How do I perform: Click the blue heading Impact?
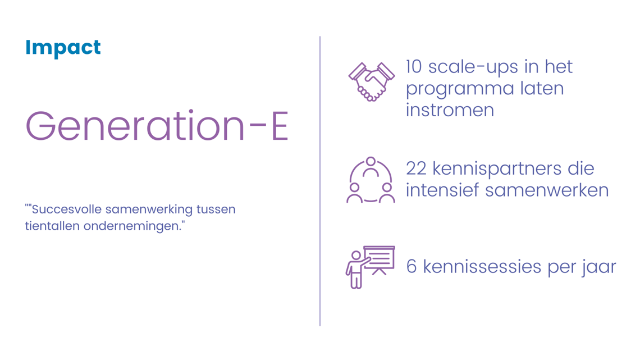pyautogui.click(x=63, y=48)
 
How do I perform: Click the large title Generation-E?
pyautogui.click(x=157, y=126)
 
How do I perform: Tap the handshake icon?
pyautogui.click(x=372, y=81)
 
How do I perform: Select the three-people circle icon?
pyautogui.click(x=371, y=180)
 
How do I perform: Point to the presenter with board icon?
pyautogui.click(x=370, y=267)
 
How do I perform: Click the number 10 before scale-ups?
pyautogui.click(x=413, y=67)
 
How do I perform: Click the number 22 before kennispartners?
pyautogui.click(x=416, y=168)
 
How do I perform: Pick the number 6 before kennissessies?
pyautogui.click(x=412, y=267)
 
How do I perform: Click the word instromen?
pyautogui.click(x=450, y=110)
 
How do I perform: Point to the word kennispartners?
pyautogui.click(x=497, y=170)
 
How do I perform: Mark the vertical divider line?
pyautogui.click(x=320, y=181)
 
